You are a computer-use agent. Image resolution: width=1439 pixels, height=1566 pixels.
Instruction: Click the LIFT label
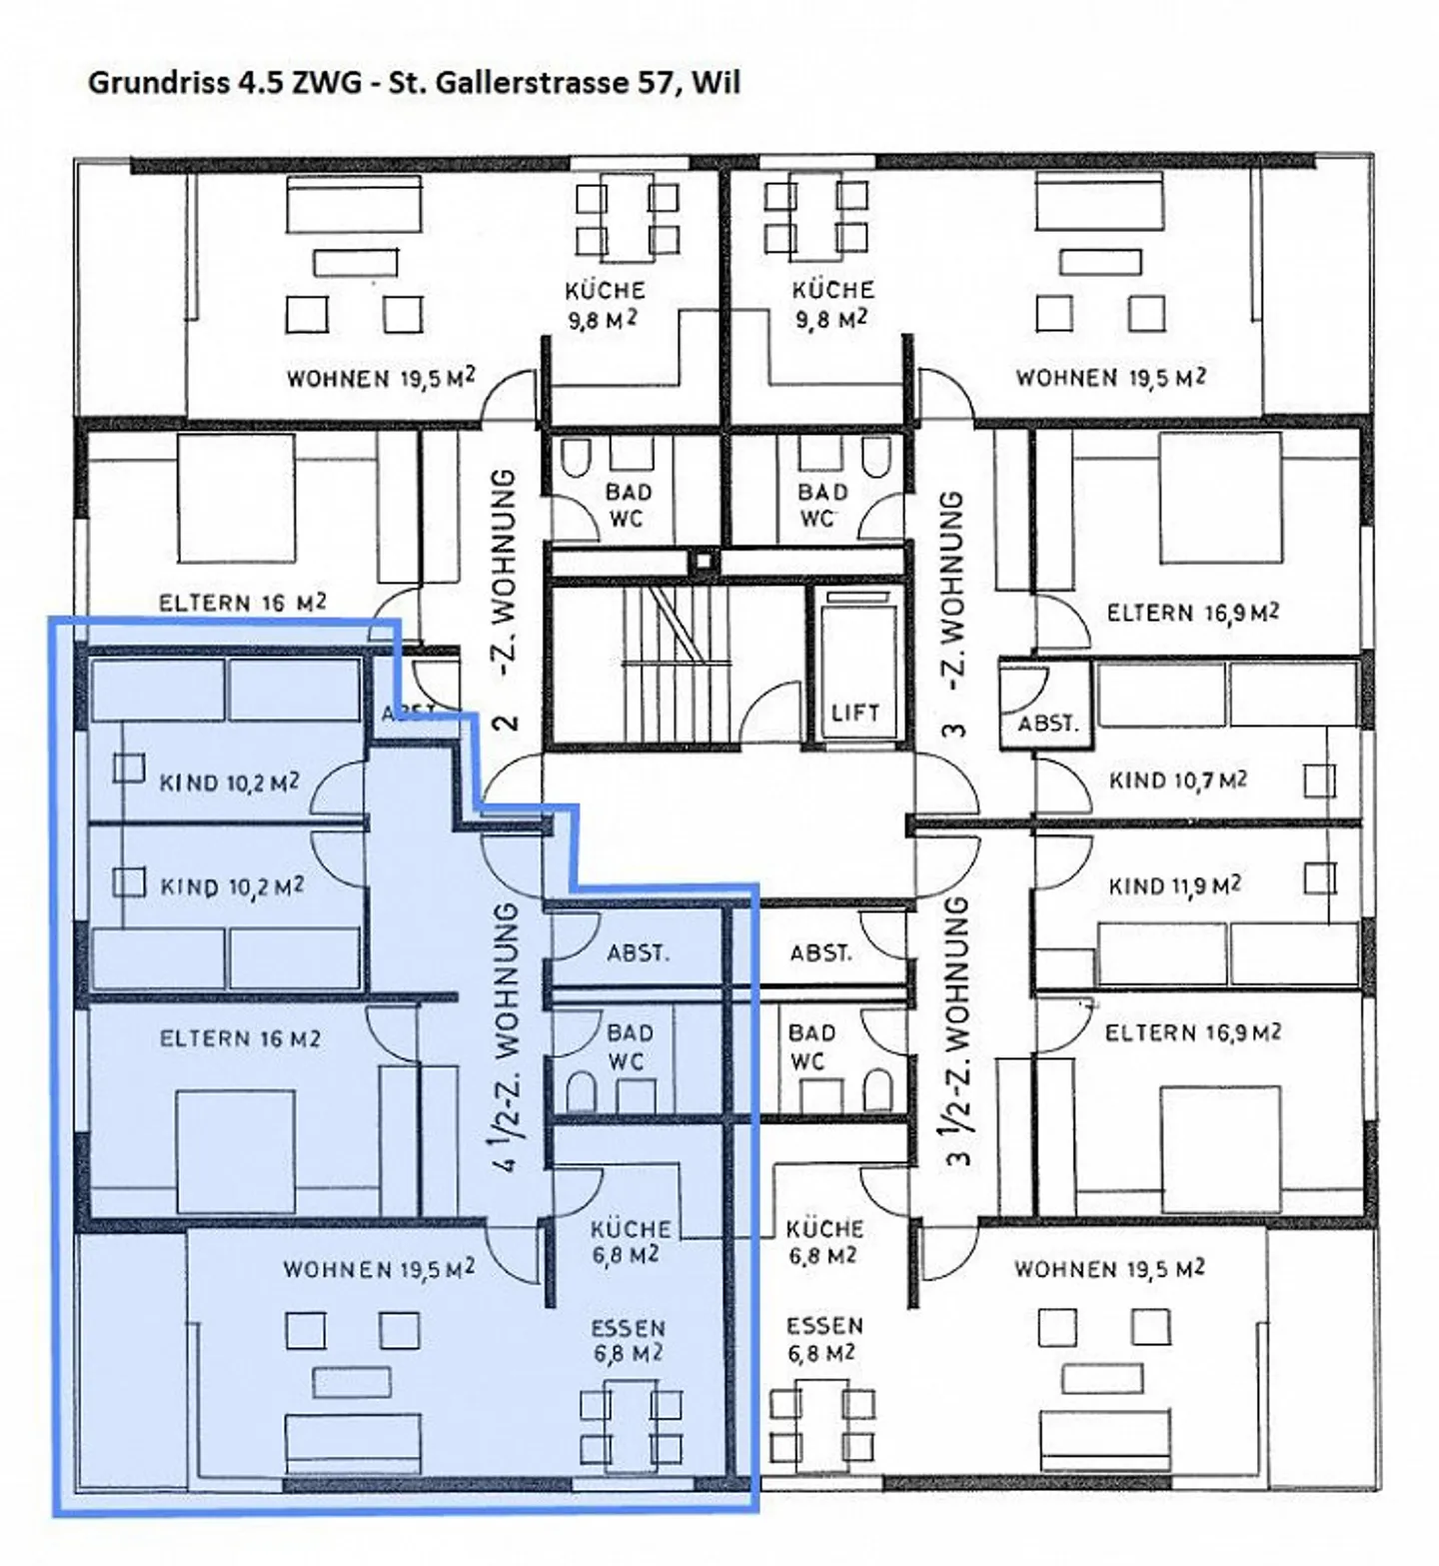(x=855, y=713)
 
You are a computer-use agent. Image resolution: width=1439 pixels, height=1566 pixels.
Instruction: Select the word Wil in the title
(x=717, y=82)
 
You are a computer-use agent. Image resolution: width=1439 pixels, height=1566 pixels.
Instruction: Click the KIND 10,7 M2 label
(x=1177, y=780)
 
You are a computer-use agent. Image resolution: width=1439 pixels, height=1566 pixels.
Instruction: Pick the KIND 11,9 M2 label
(x=1174, y=885)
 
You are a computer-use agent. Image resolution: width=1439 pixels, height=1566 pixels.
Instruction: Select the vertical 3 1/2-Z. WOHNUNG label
(x=956, y=1030)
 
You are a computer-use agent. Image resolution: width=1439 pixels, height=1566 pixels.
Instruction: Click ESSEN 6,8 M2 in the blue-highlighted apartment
(x=628, y=1340)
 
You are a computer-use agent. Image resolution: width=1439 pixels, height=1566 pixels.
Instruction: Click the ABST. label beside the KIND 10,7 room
(x=1047, y=723)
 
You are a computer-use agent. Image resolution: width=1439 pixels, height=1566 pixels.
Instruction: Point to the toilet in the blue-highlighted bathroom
(x=582, y=1090)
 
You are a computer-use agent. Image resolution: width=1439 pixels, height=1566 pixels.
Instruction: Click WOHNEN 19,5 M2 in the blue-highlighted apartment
(x=379, y=1269)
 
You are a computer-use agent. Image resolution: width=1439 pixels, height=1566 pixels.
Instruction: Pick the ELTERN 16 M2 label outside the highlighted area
(x=242, y=603)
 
